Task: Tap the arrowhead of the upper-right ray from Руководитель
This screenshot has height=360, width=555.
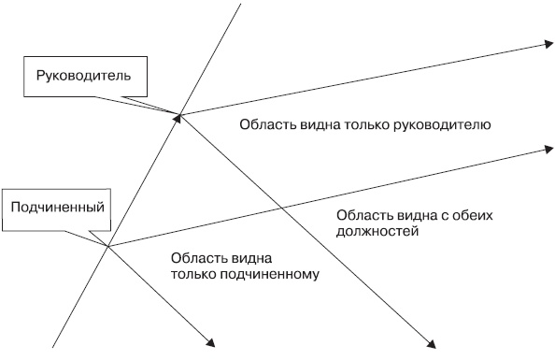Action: point(546,44)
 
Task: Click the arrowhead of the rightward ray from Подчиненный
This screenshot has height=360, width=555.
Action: point(546,147)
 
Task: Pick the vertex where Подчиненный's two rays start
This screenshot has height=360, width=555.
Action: point(108,246)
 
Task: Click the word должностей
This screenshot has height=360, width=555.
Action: point(377,230)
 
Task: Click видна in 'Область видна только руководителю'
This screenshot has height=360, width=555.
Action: point(315,123)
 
